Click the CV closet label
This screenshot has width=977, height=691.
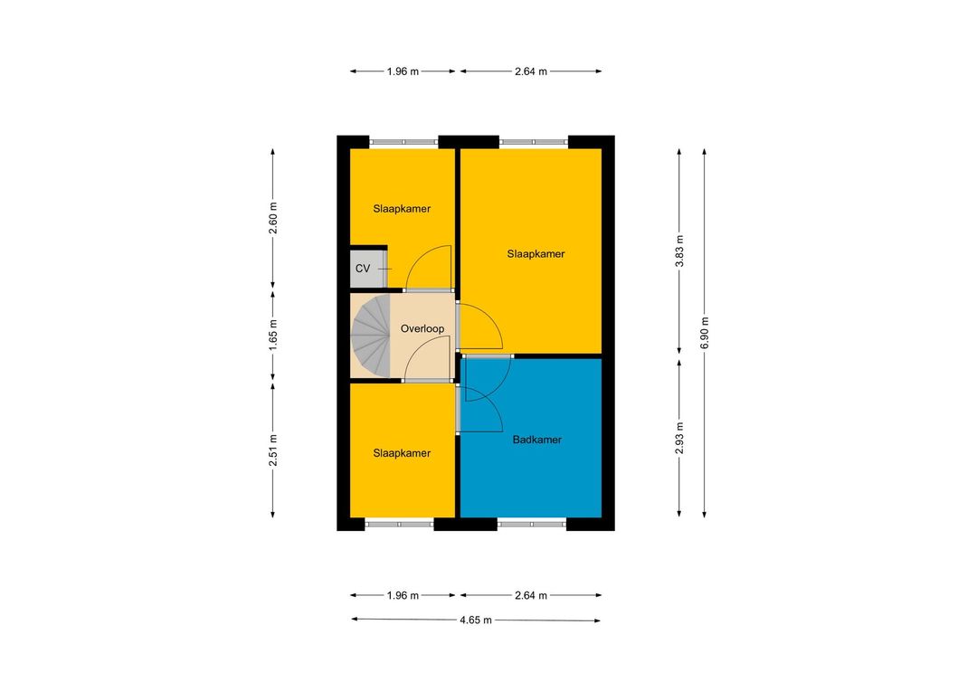click(x=363, y=269)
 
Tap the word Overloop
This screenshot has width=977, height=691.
click(x=422, y=328)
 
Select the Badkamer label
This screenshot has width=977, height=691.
click(x=537, y=440)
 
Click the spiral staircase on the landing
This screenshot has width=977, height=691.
click(x=371, y=336)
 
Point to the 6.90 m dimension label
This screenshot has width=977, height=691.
click(x=705, y=334)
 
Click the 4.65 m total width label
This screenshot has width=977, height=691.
click(x=476, y=620)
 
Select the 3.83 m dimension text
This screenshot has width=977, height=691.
click(x=679, y=251)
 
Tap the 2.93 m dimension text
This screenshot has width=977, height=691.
click(x=679, y=438)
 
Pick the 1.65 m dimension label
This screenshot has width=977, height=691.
click(x=273, y=335)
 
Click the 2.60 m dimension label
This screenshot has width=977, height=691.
click(x=273, y=218)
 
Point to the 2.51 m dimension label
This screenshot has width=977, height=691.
click(x=273, y=450)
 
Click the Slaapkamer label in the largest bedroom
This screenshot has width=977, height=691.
click(x=536, y=253)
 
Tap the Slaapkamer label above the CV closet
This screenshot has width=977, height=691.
click(x=402, y=209)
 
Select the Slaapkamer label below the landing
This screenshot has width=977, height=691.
click(x=402, y=453)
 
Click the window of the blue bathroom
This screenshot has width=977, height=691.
click(x=532, y=524)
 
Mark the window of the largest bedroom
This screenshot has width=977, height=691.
click(x=534, y=142)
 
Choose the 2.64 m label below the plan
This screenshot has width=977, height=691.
click(x=531, y=596)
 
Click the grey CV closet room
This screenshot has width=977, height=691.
click(x=367, y=269)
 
